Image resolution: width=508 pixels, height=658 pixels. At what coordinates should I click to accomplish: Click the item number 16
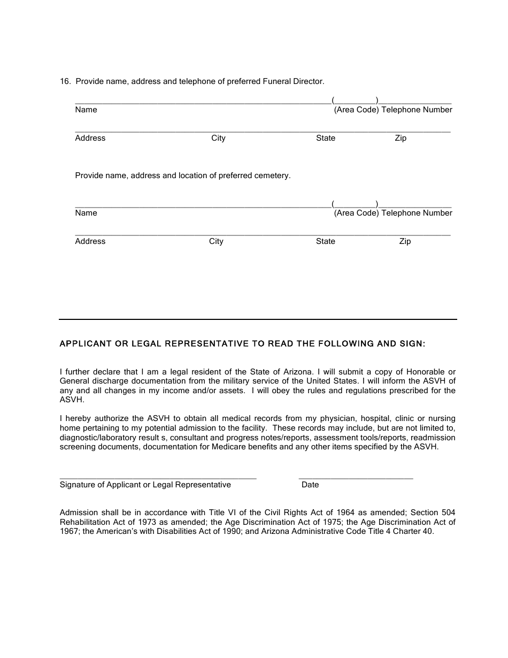[x=65, y=81]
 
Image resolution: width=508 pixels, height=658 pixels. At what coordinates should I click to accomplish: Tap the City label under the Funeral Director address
[x=218, y=138]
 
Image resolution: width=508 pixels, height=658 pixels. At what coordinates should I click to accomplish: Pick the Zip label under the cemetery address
[x=405, y=241]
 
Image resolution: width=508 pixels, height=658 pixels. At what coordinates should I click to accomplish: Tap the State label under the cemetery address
[x=325, y=241]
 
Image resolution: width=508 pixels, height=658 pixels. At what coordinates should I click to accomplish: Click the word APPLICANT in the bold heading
[x=86, y=344]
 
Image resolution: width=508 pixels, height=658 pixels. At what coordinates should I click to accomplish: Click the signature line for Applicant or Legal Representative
[x=158, y=476]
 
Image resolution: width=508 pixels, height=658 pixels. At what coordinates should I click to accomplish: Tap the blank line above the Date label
[x=356, y=476]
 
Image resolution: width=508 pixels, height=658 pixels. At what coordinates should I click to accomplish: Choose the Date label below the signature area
[x=310, y=485]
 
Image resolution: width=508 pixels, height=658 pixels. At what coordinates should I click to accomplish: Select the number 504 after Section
[x=448, y=512]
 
